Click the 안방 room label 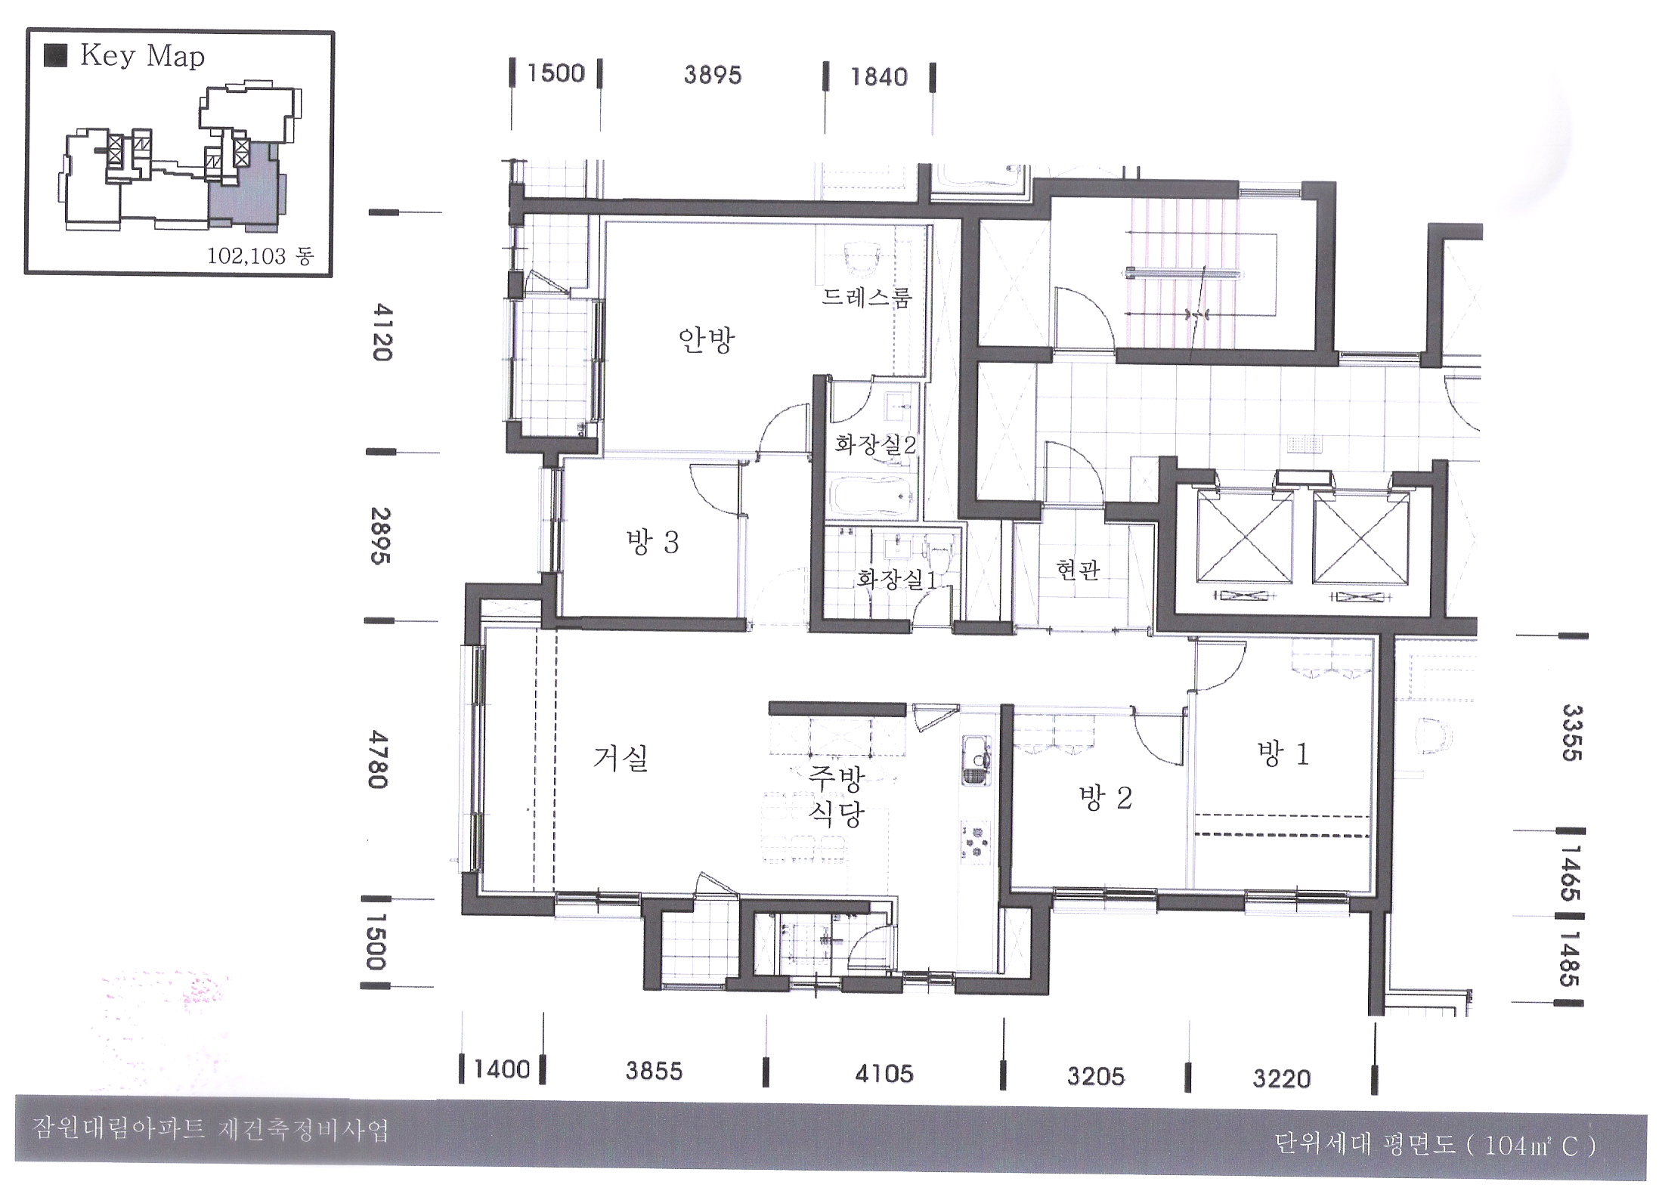pyautogui.click(x=706, y=341)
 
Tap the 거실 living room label pyautogui.click(x=621, y=758)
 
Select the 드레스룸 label pyautogui.click(x=867, y=296)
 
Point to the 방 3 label pyautogui.click(x=652, y=542)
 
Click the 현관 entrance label pyautogui.click(x=1078, y=569)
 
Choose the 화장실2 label pyautogui.click(x=875, y=444)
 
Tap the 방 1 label pyautogui.click(x=1283, y=753)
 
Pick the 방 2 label pyautogui.click(x=1105, y=798)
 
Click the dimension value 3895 pyautogui.click(x=713, y=75)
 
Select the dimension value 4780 pyautogui.click(x=378, y=759)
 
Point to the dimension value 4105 pyautogui.click(x=884, y=1073)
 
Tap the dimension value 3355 pyautogui.click(x=1572, y=732)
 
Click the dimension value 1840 pyautogui.click(x=879, y=76)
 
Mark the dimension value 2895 pyautogui.click(x=381, y=535)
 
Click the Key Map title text pyautogui.click(x=142, y=56)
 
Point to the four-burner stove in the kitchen pyautogui.click(x=977, y=842)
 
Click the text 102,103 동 pyautogui.click(x=260, y=256)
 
